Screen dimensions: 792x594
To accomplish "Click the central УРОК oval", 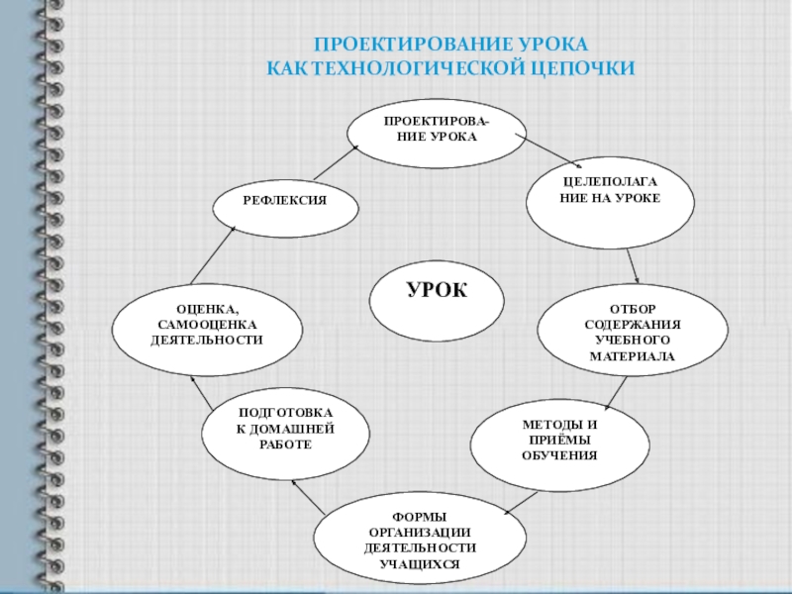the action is click(437, 291).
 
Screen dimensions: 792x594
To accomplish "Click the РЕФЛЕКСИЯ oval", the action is click(285, 201).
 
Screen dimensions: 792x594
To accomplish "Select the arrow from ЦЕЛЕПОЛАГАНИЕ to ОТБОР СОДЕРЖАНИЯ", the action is click(634, 264).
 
